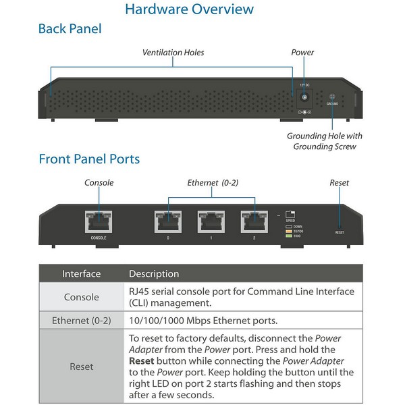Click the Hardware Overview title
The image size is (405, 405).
coord(189,9)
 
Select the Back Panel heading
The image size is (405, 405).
coord(70,29)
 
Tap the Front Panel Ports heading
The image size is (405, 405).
coord(89,159)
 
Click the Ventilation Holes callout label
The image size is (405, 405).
coord(173,52)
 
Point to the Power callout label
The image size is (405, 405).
coord(302,52)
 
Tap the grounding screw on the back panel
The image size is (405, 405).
coord(332,97)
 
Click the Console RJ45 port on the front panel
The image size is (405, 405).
coord(99,221)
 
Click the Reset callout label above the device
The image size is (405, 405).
coord(339,183)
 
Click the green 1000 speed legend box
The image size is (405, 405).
coord(288,236)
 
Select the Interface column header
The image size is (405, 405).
coord(81,274)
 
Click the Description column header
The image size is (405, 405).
coord(154,274)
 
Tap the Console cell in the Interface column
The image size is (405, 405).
coord(81,297)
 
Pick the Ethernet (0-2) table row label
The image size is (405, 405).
coord(81,321)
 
